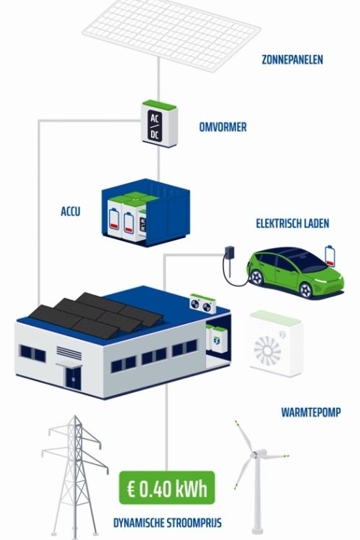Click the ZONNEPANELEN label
pos(292,59)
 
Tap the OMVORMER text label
pos(223,127)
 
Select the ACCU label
pos(71,211)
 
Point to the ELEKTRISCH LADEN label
pos(293,223)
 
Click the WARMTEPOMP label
pos(311,412)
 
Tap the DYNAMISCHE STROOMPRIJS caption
pos(168,523)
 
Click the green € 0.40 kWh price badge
pos(167,488)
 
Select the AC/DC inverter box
pos(159,124)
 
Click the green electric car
pos(295,272)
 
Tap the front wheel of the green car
pos(306,290)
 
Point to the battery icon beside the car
pos(330,256)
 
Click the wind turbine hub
pos(254,455)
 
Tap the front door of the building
pos(74,378)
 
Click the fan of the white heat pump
pos(267,351)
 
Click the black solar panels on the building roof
pos(95,314)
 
